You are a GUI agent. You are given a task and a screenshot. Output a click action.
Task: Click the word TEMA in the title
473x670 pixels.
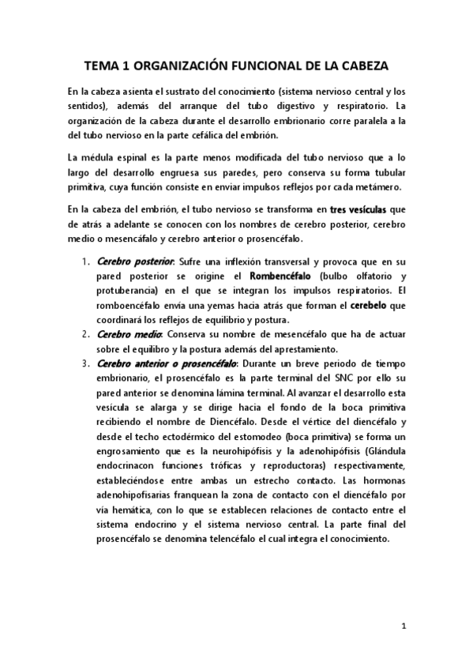(104, 68)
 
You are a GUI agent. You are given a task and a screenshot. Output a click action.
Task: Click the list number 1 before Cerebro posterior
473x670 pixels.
(86, 262)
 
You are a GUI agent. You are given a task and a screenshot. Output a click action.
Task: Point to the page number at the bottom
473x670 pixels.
(404, 627)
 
